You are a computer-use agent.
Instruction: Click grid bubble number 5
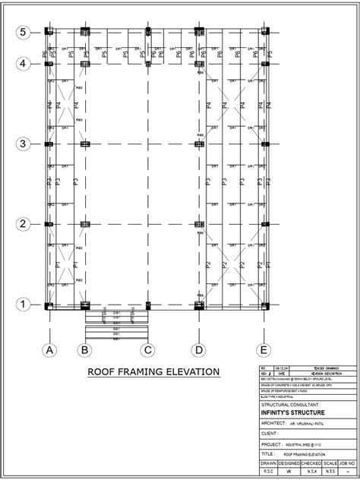tap(24, 32)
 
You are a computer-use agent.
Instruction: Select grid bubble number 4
tap(24, 64)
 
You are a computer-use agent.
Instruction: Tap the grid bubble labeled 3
tap(24, 144)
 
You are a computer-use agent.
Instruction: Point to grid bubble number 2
tap(24, 224)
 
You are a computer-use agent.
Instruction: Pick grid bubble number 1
tap(24, 305)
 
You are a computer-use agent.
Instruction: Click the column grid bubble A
tap(49, 350)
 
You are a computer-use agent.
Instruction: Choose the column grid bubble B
tap(85, 350)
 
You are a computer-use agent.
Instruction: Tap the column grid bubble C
tap(148, 350)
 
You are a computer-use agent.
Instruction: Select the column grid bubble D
tap(198, 350)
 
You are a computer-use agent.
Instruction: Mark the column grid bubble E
tap(264, 350)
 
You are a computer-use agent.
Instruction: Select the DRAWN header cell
tap(269, 463)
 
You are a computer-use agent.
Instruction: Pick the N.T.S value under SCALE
tap(330, 471)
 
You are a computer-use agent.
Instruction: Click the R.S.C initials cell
tap(269, 471)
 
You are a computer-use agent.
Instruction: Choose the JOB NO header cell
tap(349, 463)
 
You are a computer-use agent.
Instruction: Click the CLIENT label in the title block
tap(270, 432)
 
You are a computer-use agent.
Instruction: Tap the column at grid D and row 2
tap(198, 225)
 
